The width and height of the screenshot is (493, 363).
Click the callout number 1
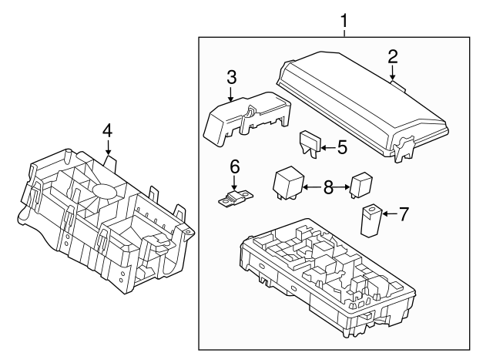click(x=344, y=21)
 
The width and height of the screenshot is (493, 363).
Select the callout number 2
click(x=393, y=57)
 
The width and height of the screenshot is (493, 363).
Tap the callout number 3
click(x=231, y=77)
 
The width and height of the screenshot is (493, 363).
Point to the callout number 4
click(x=107, y=130)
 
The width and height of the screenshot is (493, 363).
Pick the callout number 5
click(x=342, y=147)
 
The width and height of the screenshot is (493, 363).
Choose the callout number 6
click(x=235, y=166)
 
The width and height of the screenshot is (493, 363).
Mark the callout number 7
click(x=404, y=214)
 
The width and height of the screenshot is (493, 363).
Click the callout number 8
click(x=328, y=188)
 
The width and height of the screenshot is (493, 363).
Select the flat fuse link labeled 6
click(x=236, y=199)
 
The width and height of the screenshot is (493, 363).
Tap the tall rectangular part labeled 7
click(x=371, y=220)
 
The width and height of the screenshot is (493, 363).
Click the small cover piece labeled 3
click(x=247, y=118)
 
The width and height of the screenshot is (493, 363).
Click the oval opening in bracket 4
click(x=104, y=191)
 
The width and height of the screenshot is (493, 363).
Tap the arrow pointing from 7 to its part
click(x=390, y=214)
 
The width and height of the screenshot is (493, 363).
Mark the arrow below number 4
click(x=108, y=147)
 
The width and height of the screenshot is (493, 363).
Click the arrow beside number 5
click(x=328, y=147)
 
